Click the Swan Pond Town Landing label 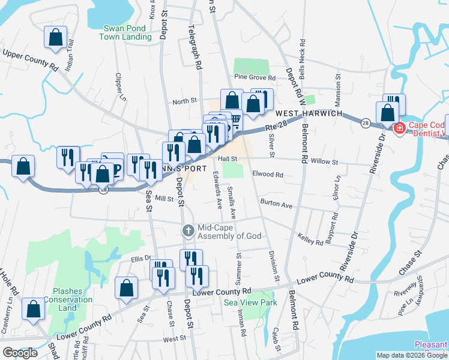[x=127, y=32]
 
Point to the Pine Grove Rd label [x=255, y=78]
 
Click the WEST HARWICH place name [x=309, y=113]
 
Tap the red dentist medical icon [x=399, y=128]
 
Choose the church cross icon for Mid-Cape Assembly [x=188, y=230]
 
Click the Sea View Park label [x=250, y=303]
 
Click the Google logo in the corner [x=20, y=353]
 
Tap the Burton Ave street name [x=276, y=204]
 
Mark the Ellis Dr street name [x=140, y=259]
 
